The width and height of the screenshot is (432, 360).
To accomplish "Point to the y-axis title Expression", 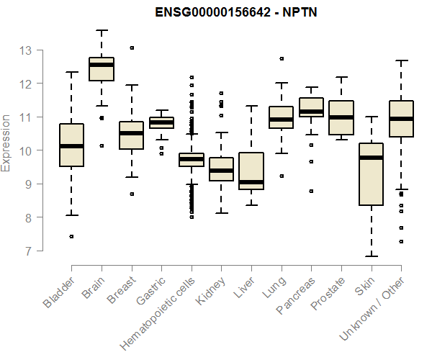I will [7, 143].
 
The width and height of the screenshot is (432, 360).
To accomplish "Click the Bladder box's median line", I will [71, 146].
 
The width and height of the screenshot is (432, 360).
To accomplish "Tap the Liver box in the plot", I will [251, 171].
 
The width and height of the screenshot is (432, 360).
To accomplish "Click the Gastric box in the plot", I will [161, 122].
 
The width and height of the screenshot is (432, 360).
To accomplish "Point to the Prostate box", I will [341, 117].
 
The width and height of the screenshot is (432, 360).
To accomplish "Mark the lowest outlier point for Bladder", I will [71, 236].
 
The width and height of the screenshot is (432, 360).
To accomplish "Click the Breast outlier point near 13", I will [132, 48].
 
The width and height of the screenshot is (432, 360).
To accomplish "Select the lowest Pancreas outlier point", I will [311, 192].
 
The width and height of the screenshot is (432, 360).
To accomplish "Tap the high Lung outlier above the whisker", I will [282, 58].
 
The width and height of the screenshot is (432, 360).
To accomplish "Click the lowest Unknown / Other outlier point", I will [401, 241].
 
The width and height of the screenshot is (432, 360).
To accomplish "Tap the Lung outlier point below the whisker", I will [282, 176].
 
